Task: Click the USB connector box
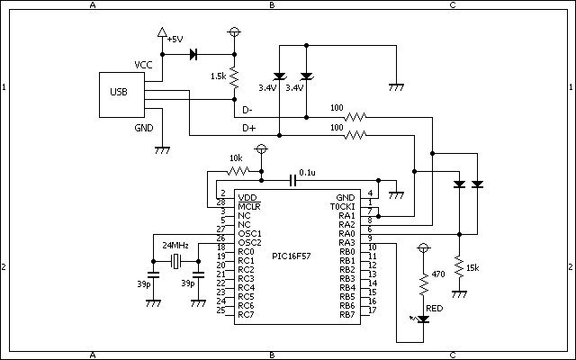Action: [121, 92]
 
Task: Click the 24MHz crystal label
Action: [175, 246]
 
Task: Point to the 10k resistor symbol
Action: [237, 170]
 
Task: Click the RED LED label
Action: [435, 308]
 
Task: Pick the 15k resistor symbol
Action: [460, 268]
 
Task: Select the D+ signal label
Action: [249, 130]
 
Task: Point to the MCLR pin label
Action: [249, 206]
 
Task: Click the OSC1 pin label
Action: [249, 233]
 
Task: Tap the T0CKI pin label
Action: [343, 206]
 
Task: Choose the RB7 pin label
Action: [346, 314]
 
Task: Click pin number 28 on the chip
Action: [220, 203]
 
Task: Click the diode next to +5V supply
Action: [193, 55]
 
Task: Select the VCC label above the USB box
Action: [143, 65]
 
